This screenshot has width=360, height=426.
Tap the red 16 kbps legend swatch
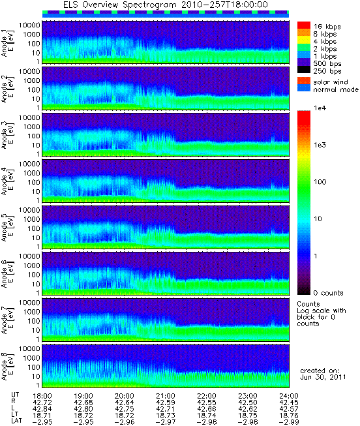coord(303,25)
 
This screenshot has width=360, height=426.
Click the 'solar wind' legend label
coord(331,82)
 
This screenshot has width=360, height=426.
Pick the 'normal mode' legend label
coord(336,89)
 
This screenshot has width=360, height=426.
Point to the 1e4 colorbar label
coord(320,108)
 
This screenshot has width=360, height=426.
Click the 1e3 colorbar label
coord(320,145)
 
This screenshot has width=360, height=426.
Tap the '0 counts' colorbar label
coord(329,293)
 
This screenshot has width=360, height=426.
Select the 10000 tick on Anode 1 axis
coord(29,25)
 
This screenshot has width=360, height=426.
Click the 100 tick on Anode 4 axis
coord(34,182)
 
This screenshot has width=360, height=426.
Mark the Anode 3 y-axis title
coord(8,134)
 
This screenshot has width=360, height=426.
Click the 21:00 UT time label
coord(166,396)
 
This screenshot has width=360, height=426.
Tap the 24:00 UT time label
coord(289,396)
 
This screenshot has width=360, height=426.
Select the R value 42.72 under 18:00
coord(42,403)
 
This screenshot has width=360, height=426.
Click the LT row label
coord(15,415)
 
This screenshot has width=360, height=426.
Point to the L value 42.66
coord(207,409)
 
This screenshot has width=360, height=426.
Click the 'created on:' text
coord(320,371)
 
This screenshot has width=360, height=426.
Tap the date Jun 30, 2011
coord(323,377)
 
